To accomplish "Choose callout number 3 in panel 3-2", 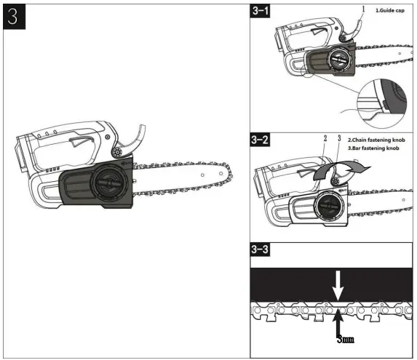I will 338,138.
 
